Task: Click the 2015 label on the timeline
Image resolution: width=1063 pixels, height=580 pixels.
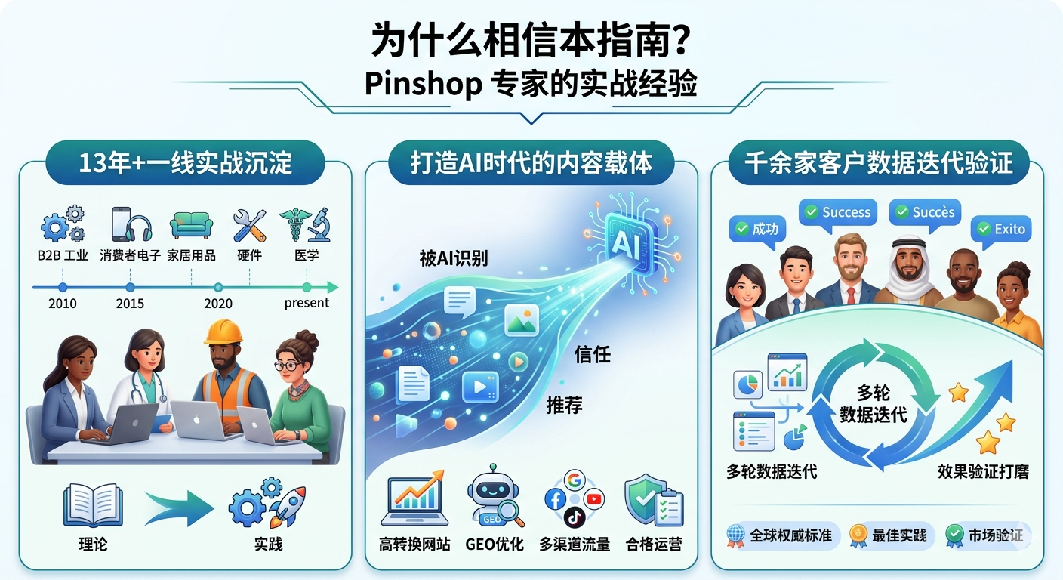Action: click(130, 304)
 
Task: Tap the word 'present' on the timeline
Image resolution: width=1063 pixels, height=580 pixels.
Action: click(307, 304)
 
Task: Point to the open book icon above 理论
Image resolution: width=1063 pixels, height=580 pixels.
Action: click(93, 504)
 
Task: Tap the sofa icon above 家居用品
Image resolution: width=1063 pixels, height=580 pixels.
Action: click(191, 224)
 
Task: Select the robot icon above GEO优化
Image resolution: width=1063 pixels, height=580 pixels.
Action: click(494, 499)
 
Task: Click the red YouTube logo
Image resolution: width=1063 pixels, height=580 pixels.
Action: click(594, 498)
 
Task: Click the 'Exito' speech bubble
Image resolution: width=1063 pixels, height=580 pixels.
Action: click(1001, 229)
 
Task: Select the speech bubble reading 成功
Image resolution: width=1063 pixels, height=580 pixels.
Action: click(757, 229)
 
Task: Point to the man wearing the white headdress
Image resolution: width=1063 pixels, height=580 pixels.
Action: click(909, 271)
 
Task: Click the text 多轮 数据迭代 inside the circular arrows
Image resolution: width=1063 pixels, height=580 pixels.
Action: click(874, 403)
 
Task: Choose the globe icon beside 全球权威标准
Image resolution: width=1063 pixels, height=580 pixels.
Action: click(735, 535)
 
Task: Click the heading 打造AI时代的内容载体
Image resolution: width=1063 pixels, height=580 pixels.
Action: click(531, 164)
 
